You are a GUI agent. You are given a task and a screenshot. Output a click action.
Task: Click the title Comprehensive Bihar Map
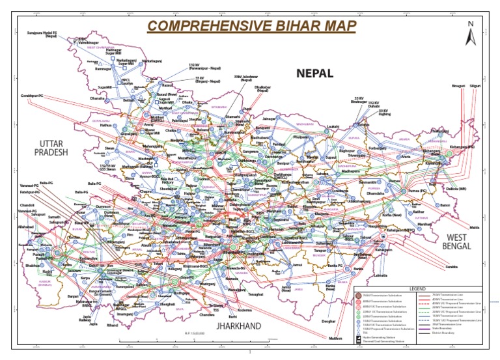(253, 27)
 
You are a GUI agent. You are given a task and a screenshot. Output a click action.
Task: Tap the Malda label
(474, 227)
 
